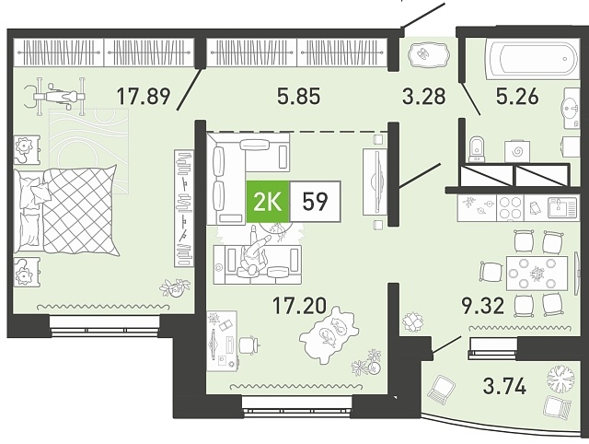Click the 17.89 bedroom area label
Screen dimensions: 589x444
point(144,96)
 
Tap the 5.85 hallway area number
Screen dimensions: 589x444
point(298,96)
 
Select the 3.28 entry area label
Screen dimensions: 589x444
point(424,96)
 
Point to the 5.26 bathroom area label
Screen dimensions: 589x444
point(517,96)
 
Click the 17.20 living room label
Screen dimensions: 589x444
point(299,305)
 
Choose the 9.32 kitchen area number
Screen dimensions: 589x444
point(482,305)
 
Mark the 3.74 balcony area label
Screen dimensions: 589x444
point(504,386)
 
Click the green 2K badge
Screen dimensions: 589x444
point(268,203)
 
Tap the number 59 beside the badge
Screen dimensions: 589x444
point(315,203)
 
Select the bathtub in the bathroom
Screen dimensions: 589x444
point(532,60)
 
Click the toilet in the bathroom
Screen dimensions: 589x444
point(477,149)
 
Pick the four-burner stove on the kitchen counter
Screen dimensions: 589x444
point(510,207)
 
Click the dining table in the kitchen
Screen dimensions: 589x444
point(537,274)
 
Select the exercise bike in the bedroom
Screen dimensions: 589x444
point(55,96)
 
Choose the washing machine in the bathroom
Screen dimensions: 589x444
point(517,152)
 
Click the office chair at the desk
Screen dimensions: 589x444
point(249,344)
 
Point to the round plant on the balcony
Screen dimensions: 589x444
point(560,378)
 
